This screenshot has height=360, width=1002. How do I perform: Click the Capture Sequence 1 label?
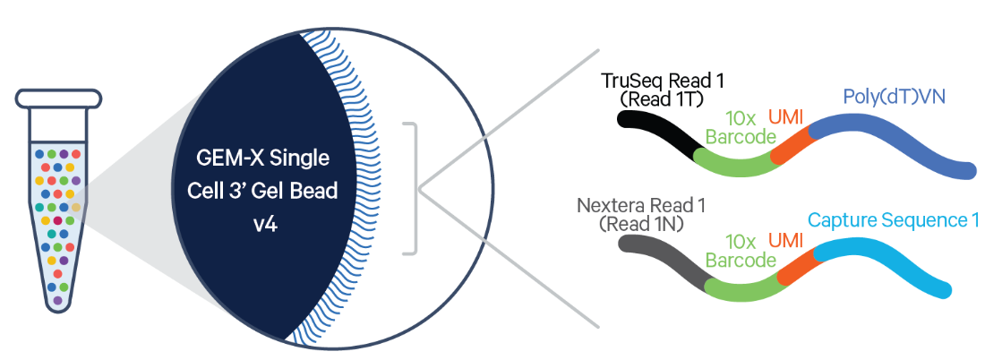coord(893,220)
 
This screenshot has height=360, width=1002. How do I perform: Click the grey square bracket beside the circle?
coord(414,188)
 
